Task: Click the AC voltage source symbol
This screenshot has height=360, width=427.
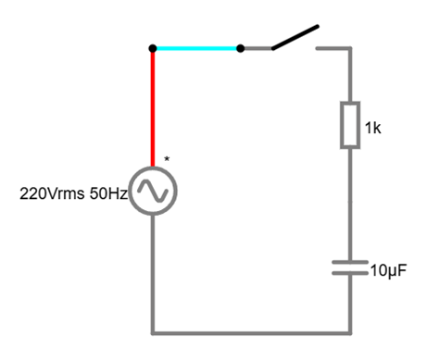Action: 152,192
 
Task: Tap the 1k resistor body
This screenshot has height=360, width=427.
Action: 350,126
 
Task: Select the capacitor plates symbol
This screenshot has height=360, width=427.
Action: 350,267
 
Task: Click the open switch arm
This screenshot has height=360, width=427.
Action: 295,37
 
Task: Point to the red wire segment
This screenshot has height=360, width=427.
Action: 152,106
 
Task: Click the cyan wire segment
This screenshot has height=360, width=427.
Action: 195,47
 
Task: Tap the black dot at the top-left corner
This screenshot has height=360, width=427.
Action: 152,47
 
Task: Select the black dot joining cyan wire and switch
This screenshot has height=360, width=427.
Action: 240,47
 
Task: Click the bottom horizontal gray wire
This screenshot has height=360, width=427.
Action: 250,330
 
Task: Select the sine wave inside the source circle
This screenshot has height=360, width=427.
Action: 152,192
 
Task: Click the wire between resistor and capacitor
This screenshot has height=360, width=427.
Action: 350,204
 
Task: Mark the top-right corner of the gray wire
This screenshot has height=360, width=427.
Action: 350,47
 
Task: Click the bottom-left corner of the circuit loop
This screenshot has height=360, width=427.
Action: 152,330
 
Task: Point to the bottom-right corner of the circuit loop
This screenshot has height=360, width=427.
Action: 350,330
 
